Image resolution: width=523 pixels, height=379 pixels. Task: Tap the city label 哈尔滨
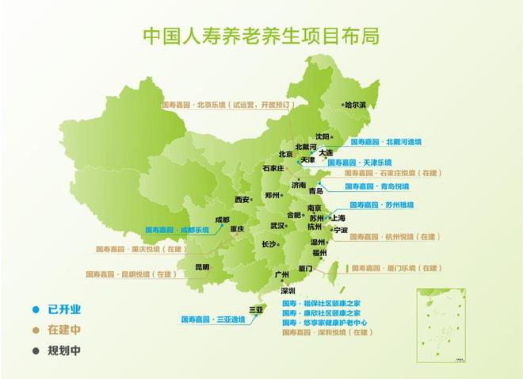tap(355, 105)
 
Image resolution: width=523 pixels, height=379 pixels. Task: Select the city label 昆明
tap(202, 267)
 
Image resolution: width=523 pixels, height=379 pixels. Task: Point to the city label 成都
tap(222, 220)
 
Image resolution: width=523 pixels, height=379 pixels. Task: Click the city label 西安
tap(242, 199)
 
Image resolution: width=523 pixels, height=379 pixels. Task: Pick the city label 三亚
tap(256, 308)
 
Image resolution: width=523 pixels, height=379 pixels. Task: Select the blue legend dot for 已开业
tap(35, 309)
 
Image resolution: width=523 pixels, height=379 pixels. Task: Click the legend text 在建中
tap(64, 329)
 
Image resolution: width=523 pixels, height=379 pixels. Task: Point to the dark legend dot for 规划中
tap(35, 349)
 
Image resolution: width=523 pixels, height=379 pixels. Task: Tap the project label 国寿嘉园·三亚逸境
tap(212, 320)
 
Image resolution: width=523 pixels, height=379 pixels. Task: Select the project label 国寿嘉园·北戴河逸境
tap(387, 142)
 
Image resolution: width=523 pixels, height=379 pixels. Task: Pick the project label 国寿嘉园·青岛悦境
tap(377, 186)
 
